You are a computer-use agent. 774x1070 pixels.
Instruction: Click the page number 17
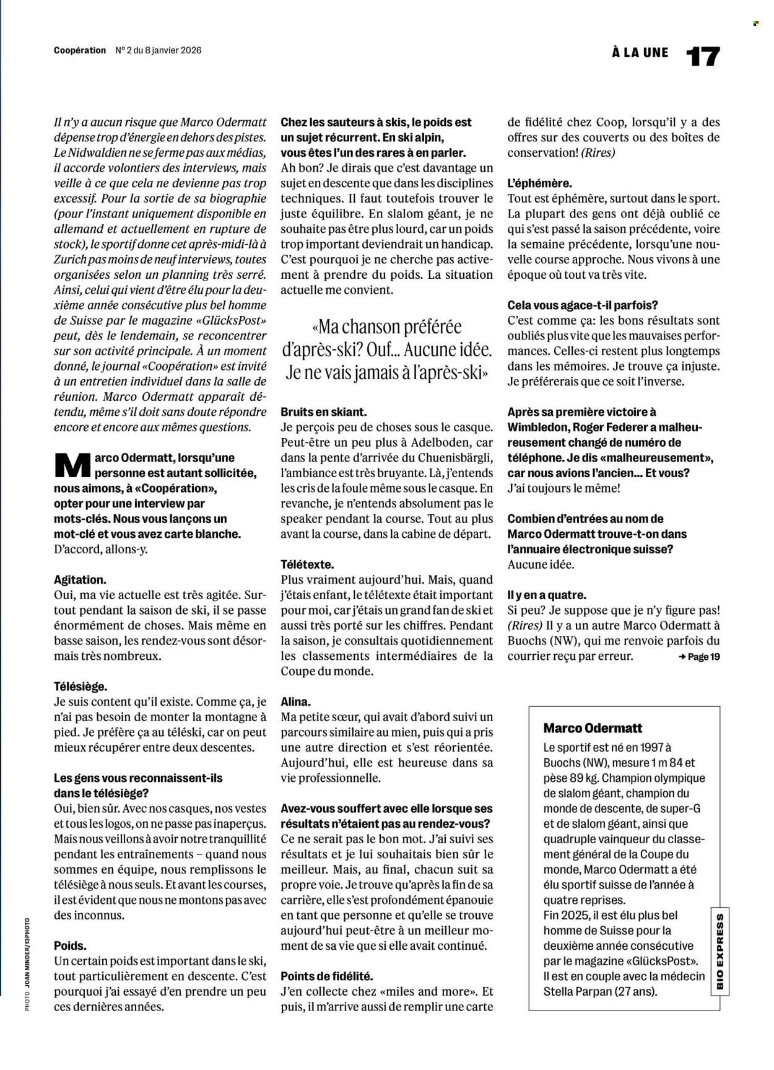coord(703,56)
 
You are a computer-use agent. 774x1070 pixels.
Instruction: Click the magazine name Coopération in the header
coord(80,51)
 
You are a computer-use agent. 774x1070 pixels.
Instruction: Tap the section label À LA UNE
coord(640,53)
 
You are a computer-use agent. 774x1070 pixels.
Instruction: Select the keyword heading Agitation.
coord(80,580)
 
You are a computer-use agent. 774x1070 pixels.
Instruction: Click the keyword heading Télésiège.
coord(80,686)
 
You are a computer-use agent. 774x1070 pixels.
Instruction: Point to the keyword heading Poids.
coord(70,945)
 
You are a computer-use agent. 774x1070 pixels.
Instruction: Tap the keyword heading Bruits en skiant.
coord(323,411)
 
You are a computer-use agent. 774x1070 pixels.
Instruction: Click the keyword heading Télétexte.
coord(307,564)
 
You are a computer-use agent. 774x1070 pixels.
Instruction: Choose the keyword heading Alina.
coord(295,701)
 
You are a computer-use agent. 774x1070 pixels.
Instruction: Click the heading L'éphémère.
coord(539,183)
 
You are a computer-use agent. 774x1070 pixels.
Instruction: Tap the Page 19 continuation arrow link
coord(698,657)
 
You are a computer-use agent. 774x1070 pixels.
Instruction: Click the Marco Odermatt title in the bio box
coord(593,728)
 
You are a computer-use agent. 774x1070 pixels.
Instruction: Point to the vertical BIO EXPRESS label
coord(719,950)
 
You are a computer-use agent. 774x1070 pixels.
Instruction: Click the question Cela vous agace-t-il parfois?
coord(582,305)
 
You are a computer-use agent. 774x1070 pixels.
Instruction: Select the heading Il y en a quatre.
coord(546,595)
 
